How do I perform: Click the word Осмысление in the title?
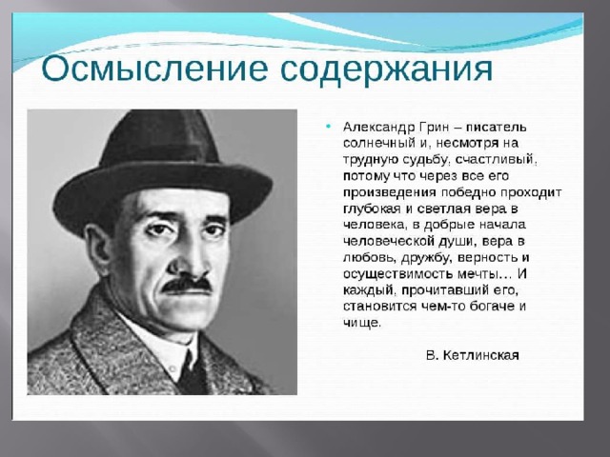click(154, 70)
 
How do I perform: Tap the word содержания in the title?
click(386, 70)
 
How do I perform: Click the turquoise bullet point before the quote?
click(329, 127)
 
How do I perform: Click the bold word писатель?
click(496, 127)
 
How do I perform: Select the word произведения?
click(390, 192)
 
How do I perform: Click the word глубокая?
click(372, 209)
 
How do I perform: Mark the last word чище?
click(360, 323)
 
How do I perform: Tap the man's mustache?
click(187, 285)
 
